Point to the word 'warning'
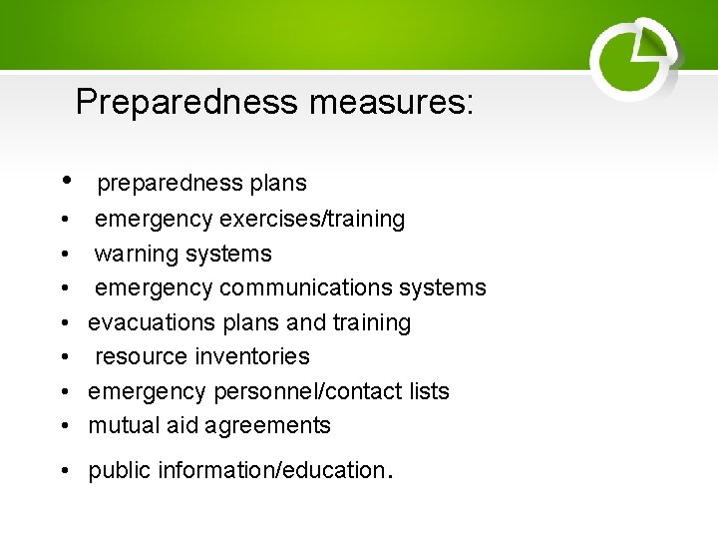pos(133,254)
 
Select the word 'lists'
pos(429,391)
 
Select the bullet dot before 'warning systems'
pos(63,254)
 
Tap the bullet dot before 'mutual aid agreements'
pos(63,426)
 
